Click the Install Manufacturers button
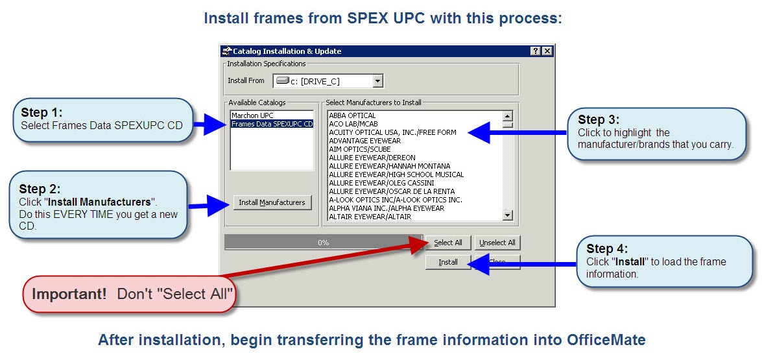[272, 202]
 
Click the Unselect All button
[497, 243]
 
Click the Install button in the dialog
[447, 262]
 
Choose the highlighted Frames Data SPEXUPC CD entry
[272, 124]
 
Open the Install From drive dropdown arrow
[377, 81]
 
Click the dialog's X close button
[547, 51]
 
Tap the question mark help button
[535, 51]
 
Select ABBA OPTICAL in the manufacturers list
[352, 115]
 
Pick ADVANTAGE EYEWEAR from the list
[364, 141]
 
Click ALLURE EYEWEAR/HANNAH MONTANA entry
[389, 166]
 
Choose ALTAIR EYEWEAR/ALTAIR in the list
[370, 217]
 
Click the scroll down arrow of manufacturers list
[508, 216]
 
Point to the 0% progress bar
[323, 243]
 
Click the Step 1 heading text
[42, 112]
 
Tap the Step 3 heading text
[599, 119]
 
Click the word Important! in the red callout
[69, 293]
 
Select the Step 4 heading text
[607, 248]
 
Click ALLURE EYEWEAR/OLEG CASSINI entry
[383, 183]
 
